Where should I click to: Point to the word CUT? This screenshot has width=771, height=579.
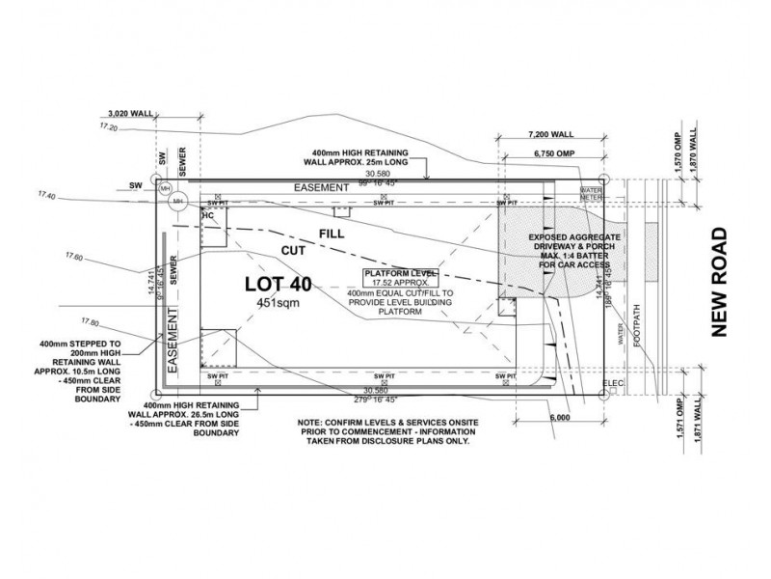tap(293, 251)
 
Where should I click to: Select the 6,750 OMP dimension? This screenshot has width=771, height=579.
tap(551, 154)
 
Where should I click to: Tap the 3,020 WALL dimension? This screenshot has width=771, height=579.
tap(131, 113)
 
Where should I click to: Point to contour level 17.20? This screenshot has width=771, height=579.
tap(108, 127)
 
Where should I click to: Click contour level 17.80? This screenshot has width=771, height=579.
tap(92, 321)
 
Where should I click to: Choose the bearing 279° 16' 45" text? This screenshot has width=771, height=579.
tap(383, 398)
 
